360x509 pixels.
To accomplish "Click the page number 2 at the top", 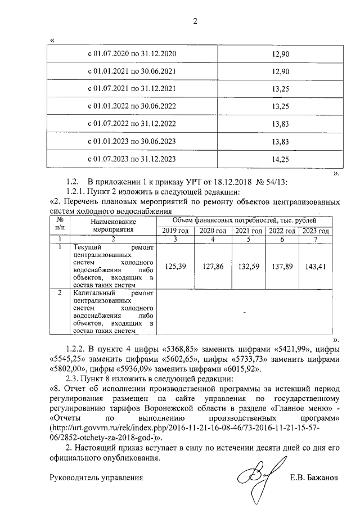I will (196, 22).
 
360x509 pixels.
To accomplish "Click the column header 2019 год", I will (175, 231).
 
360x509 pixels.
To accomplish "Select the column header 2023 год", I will (316, 231).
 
